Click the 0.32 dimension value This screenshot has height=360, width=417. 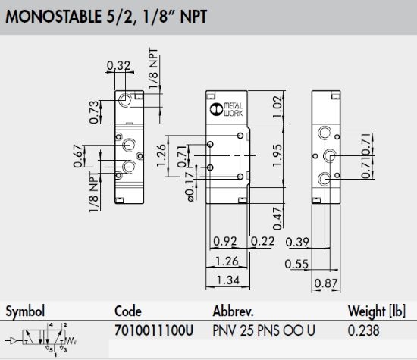(x=118, y=65)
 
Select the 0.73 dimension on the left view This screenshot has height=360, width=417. (x=94, y=112)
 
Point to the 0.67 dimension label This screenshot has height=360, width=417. (x=78, y=156)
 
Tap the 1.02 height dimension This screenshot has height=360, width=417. (x=277, y=107)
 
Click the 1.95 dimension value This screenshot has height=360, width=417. (x=277, y=155)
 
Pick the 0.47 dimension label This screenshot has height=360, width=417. (x=277, y=218)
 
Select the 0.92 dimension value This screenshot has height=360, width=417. (x=225, y=241)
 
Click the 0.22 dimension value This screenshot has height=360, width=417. (x=262, y=241)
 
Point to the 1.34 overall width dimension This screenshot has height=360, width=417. (x=228, y=280)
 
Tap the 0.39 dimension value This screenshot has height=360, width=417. (x=297, y=242)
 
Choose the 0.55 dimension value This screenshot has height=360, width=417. (x=296, y=264)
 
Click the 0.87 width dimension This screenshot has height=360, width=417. (x=326, y=283)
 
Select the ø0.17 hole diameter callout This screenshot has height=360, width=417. (x=190, y=187)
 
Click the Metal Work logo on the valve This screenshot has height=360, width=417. (x=226, y=109)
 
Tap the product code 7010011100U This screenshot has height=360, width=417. (x=154, y=330)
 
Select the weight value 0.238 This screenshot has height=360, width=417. (x=363, y=330)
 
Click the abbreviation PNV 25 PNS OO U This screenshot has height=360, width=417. (x=264, y=330)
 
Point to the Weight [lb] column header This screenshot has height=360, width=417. (x=377, y=311)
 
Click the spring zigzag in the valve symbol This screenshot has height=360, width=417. (x=71, y=340)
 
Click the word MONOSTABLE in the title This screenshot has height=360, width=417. (x=54, y=17)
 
